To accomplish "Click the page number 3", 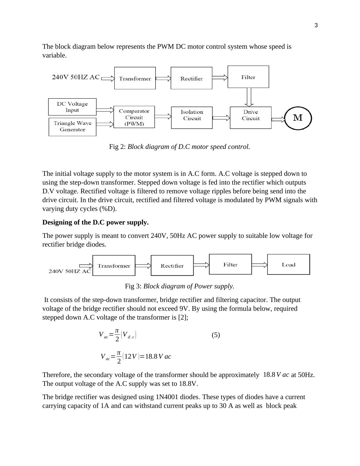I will tap(316, 25).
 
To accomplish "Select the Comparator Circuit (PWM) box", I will tap(134, 117).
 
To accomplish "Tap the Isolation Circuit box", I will tap(192, 117).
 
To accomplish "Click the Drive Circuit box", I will tap(250, 117).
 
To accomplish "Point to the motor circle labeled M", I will tap(298, 118).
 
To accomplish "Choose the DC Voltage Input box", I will tap(72, 107).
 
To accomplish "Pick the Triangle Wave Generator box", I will tap(72, 126).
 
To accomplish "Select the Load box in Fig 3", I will tap(288, 264).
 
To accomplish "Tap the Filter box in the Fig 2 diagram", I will tap(248, 77).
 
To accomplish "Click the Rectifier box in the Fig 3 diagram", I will tap(172, 265).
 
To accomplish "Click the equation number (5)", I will tap(216, 335).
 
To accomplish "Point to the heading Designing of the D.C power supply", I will tap(95, 222).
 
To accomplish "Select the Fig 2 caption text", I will tap(179, 147).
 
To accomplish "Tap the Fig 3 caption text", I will tap(179, 286).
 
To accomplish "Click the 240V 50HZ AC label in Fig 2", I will tap(76, 77).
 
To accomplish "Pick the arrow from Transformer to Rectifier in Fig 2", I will tap(163, 79).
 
